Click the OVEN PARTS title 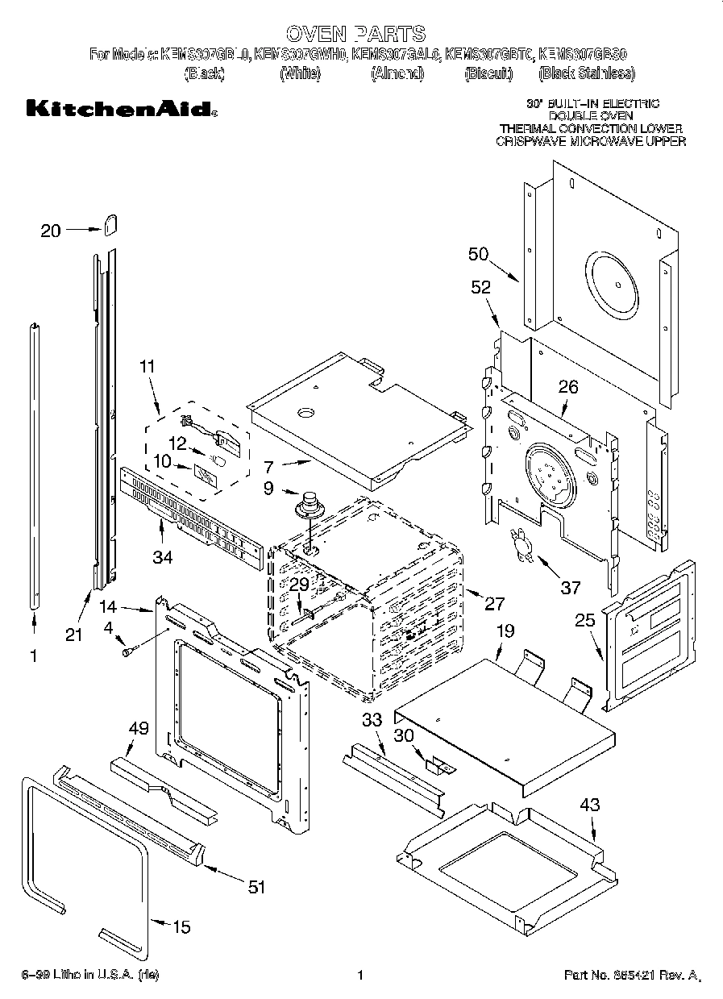pyautogui.click(x=355, y=33)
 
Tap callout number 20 pyautogui.click(x=51, y=231)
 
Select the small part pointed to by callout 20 pyautogui.click(x=110, y=223)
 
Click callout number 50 pyautogui.click(x=479, y=255)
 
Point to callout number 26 pyautogui.click(x=568, y=387)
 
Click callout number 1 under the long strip pyautogui.click(x=33, y=656)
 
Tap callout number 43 pyautogui.click(x=591, y=804)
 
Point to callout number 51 pyautogui.click(x=256, y=887)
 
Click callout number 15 pyautogui.click(x=182, y=927)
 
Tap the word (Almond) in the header pyautogui.click(x=397, y=74)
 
